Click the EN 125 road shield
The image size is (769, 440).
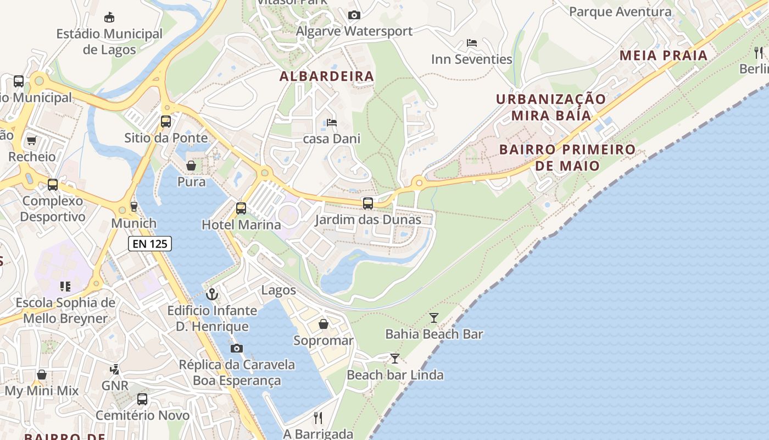[150, 244]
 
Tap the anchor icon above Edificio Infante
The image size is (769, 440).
[212, 294]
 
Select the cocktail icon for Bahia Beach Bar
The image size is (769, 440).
[434, 317]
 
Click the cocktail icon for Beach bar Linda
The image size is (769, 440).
[395, 359]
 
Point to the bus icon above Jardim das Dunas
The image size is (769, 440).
[368, 204]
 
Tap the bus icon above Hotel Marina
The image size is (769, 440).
[241, 208]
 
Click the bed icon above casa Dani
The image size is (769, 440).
[332, 122]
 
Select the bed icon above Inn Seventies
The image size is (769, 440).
[471, 43]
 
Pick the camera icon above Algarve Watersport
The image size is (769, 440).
[354, 15]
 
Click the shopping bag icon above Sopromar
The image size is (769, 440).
[324, 324]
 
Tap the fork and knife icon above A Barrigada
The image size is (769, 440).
[318, 418]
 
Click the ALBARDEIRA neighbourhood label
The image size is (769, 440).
[327, 76]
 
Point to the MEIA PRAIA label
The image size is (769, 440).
[664, 56]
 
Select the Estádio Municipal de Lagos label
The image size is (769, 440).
[109, 42]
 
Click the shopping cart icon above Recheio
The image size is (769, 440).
[32, 141]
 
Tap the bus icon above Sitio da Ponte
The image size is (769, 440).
[166, 122]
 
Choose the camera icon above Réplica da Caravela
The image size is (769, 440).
[237, 348]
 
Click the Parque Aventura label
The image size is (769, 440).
[620, 12]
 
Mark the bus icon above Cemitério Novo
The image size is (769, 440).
[142, 399]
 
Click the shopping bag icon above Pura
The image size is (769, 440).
[191, 166]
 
